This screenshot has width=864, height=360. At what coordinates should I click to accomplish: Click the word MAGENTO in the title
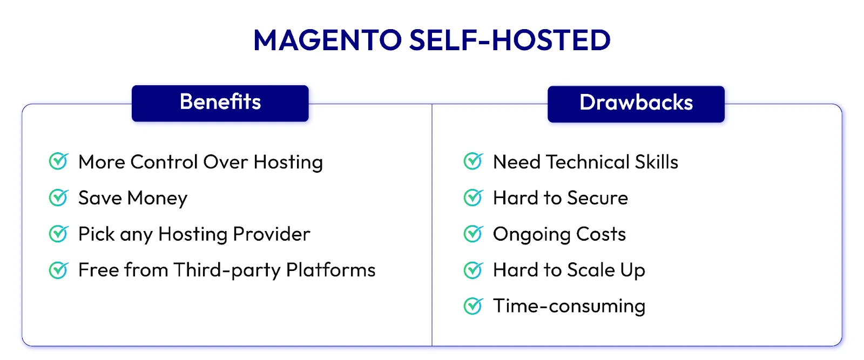pos(327,40)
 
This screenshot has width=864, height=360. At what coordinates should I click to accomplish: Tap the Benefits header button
pos(220,103)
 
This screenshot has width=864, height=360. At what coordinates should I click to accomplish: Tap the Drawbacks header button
pos(636,103)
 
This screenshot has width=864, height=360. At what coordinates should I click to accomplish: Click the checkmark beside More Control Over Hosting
pos(58,161)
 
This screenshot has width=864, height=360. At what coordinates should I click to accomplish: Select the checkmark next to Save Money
pos(58,198)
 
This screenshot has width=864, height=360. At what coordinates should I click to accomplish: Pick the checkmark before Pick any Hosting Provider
pos(58,234)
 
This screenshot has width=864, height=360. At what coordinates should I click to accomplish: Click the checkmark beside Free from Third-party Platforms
pos(58,270)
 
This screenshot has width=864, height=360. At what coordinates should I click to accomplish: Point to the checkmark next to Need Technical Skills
pos(473,161)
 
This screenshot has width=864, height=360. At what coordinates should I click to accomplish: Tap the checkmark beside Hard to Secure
pos(473,198)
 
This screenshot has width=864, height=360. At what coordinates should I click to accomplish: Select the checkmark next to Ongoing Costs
pos(473,234)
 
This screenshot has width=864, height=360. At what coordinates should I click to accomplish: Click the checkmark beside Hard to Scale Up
pos(473,270)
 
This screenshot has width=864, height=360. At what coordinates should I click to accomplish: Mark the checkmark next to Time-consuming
pos(473,306)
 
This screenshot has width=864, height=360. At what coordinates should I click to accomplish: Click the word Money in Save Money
pos(157,199)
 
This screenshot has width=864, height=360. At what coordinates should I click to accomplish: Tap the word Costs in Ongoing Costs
pos(600,234)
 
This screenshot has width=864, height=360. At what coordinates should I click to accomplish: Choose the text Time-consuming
pos(569,307)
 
